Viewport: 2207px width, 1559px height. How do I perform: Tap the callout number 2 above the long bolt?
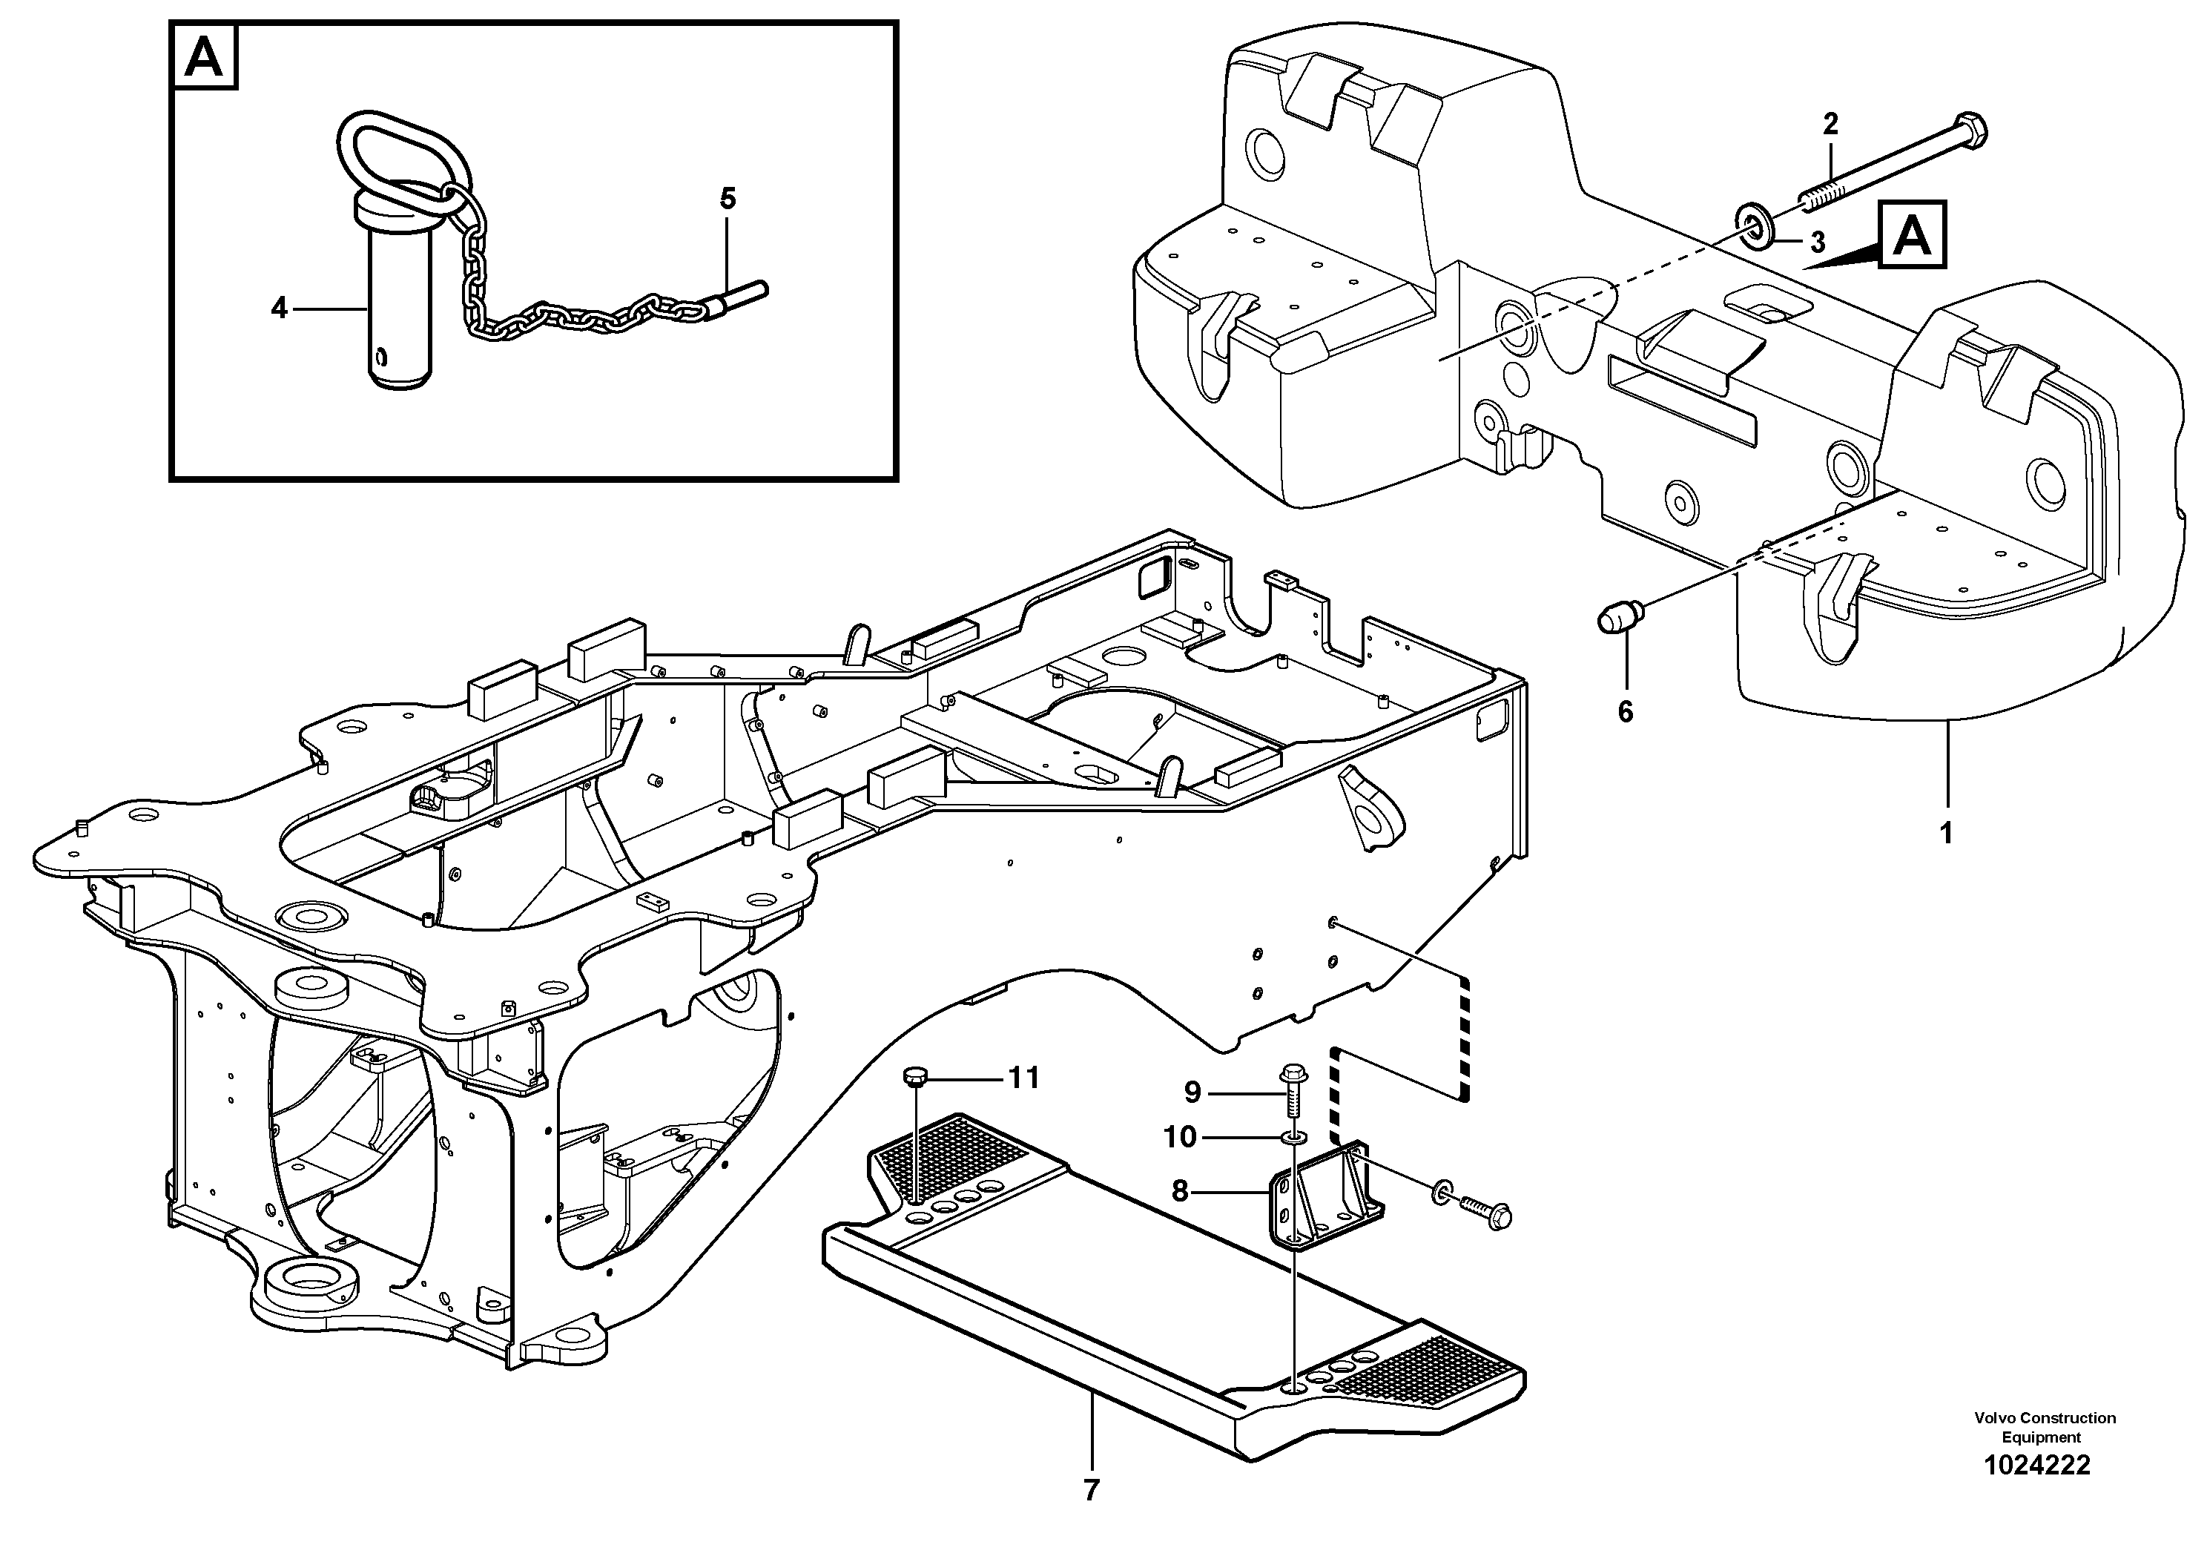pyautogui.click(x=1830, y=124)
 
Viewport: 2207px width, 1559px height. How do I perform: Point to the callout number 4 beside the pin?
pyautogui.click(x=279, y=309)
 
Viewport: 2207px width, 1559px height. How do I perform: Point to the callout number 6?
pyautogui.click(x=1626, y=712)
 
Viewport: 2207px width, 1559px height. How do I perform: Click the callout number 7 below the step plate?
pyautogui.click(x=1091, y=1491)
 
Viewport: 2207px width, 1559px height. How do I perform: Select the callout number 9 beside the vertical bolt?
pyautogui.click(x=1192, y=1092)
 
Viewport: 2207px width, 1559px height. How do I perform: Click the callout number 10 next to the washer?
pyautogui.click(x=1179, y=1137)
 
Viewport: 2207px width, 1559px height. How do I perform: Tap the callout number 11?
pyautogui.click(x=1023, y=1078)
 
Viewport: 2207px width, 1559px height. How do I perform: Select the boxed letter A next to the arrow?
pyautogui.click(x=1912, y=234)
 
